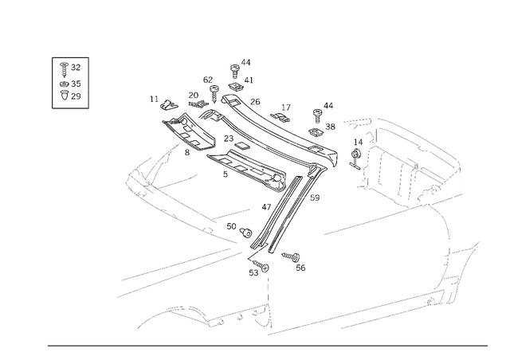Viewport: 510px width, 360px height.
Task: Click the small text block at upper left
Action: coord(69,80)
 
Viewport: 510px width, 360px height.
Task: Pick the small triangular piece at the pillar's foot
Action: coord(260,315)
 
